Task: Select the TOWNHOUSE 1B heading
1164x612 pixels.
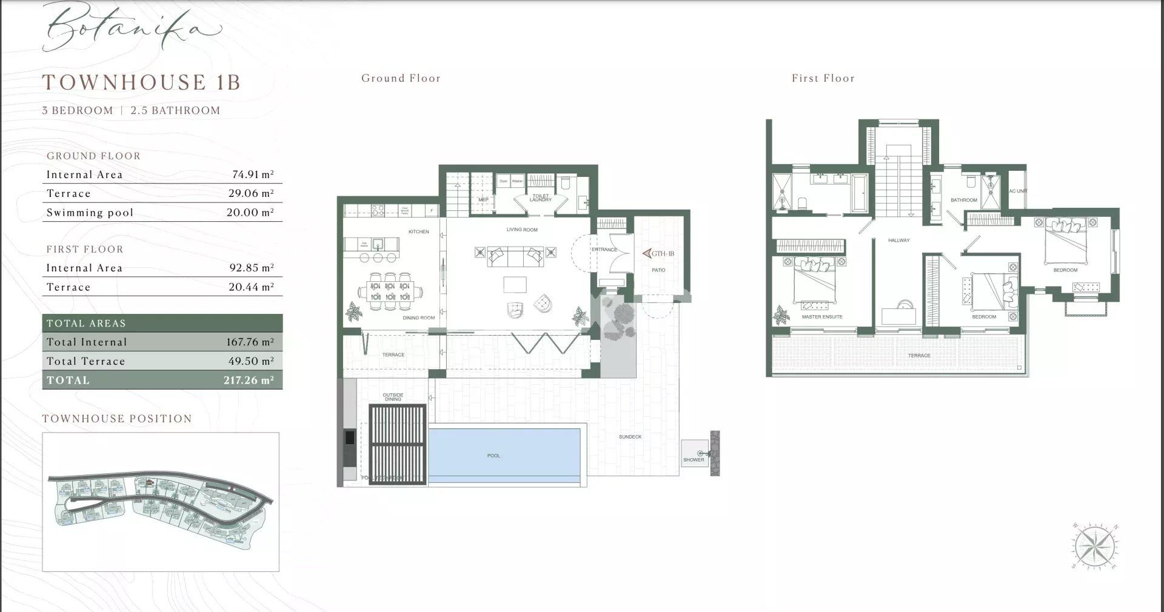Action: [141, 82]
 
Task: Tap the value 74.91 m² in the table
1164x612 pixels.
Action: [253, 175]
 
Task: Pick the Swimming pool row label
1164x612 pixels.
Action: [90, 213]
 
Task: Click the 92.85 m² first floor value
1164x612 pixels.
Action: [253, 268]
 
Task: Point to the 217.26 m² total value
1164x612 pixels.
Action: [249, 381]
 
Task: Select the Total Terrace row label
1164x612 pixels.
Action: [86, 361]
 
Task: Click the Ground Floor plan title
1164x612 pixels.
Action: [401, 78]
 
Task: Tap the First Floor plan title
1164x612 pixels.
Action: [823, 78]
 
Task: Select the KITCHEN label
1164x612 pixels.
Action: [418, 231]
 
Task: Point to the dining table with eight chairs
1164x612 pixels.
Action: [390, 291]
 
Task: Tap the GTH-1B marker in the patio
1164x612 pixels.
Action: [658, 253]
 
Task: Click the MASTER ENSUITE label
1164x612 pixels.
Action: [821, 317]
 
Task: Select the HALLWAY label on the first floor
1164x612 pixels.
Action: [898, 241]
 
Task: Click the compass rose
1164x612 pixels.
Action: [1095, 547]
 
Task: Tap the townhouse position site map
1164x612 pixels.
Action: [161, 502]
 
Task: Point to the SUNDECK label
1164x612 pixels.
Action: [630, 437]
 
